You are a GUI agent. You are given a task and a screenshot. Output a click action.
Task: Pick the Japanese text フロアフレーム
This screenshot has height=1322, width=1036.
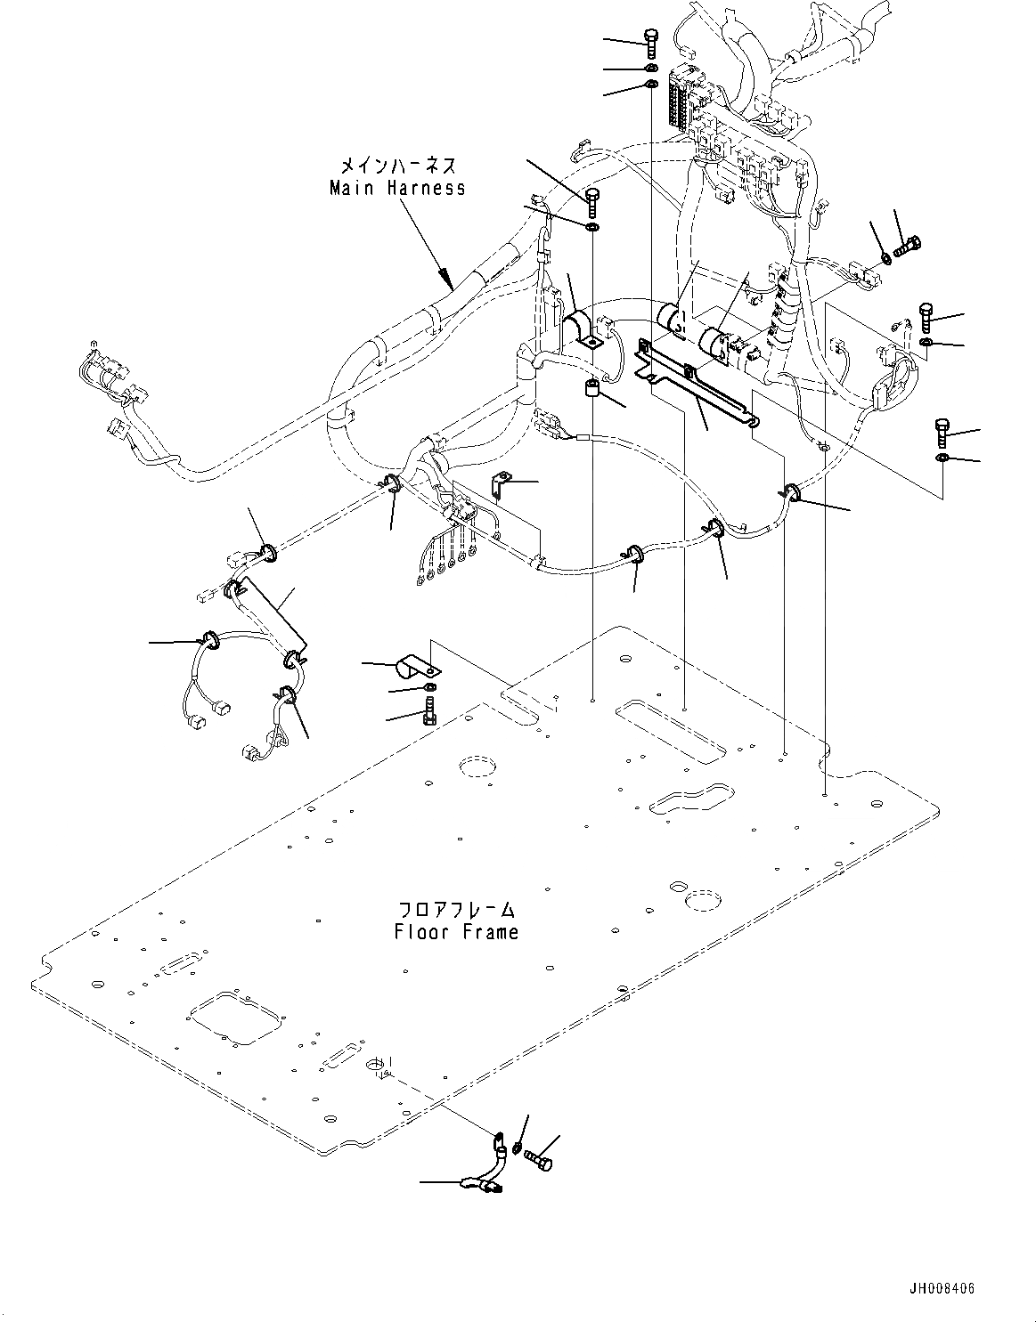(x=457, y=910)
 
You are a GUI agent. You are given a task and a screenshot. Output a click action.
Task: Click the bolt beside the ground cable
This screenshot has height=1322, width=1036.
(x=537, y=1159)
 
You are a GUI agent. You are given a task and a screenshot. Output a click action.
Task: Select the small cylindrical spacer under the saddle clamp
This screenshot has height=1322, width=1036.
(x=589, y=388)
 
